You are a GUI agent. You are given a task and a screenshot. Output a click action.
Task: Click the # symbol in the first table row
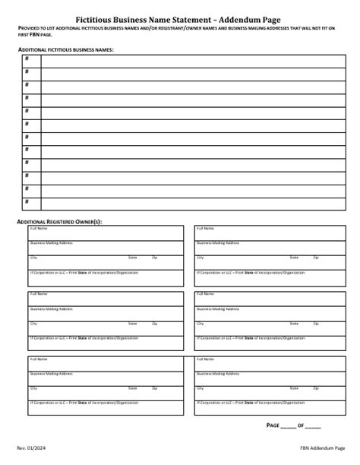pos(27,59)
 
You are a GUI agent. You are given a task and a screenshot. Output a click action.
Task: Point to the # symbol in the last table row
pos(27,201)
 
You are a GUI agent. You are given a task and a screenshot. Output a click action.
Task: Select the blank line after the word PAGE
pos(287,426)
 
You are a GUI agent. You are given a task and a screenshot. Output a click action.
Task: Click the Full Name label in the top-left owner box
pos(38,228)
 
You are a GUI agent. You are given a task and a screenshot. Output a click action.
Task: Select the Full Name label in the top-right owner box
pos(205,228)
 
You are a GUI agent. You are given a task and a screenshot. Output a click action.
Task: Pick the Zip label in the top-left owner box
pos(154,258)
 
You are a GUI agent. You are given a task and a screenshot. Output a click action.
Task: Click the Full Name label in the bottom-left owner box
pos(38,359)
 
